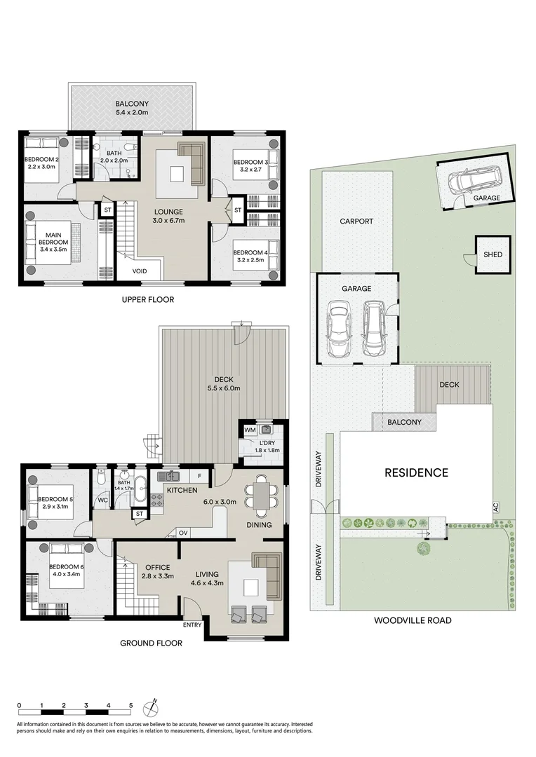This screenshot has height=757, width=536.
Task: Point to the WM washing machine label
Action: tap(249, 430)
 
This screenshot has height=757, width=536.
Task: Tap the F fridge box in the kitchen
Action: tap(200, 477)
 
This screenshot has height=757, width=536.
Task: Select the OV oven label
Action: tap(183, 533)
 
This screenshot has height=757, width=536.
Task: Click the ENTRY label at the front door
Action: tap(192, 625)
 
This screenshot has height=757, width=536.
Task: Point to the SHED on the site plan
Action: tap(493, 254)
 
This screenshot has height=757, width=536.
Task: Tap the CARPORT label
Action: tap(356, 221)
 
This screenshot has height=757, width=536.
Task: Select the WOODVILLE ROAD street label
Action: tap(412, 620)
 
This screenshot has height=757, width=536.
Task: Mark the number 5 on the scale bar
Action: tap(130, 706)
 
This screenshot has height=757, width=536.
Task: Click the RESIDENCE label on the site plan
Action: tap(416, 472)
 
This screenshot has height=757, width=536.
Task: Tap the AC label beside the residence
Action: tap(495, 506)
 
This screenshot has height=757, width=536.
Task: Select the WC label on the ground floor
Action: tap(102, 500)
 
